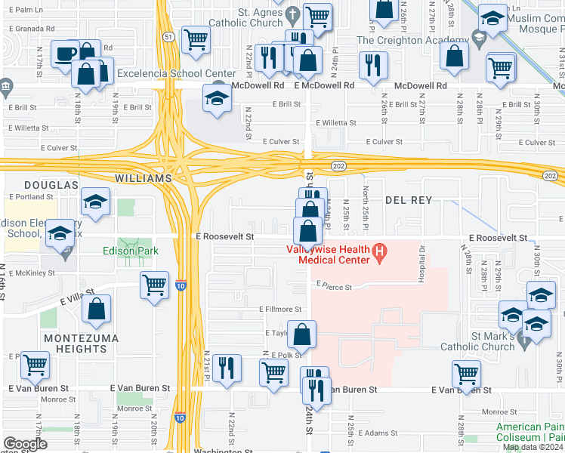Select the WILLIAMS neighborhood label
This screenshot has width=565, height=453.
(x=140, y=178)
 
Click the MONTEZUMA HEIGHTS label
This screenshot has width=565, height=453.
(x=75, y=344)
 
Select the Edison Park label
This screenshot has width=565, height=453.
(x=128, y=251)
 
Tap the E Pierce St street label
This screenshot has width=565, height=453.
(x=335, y=285)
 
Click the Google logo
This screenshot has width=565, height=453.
(x=25, y=444)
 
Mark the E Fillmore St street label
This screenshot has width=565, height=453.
(x=280, y=310)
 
